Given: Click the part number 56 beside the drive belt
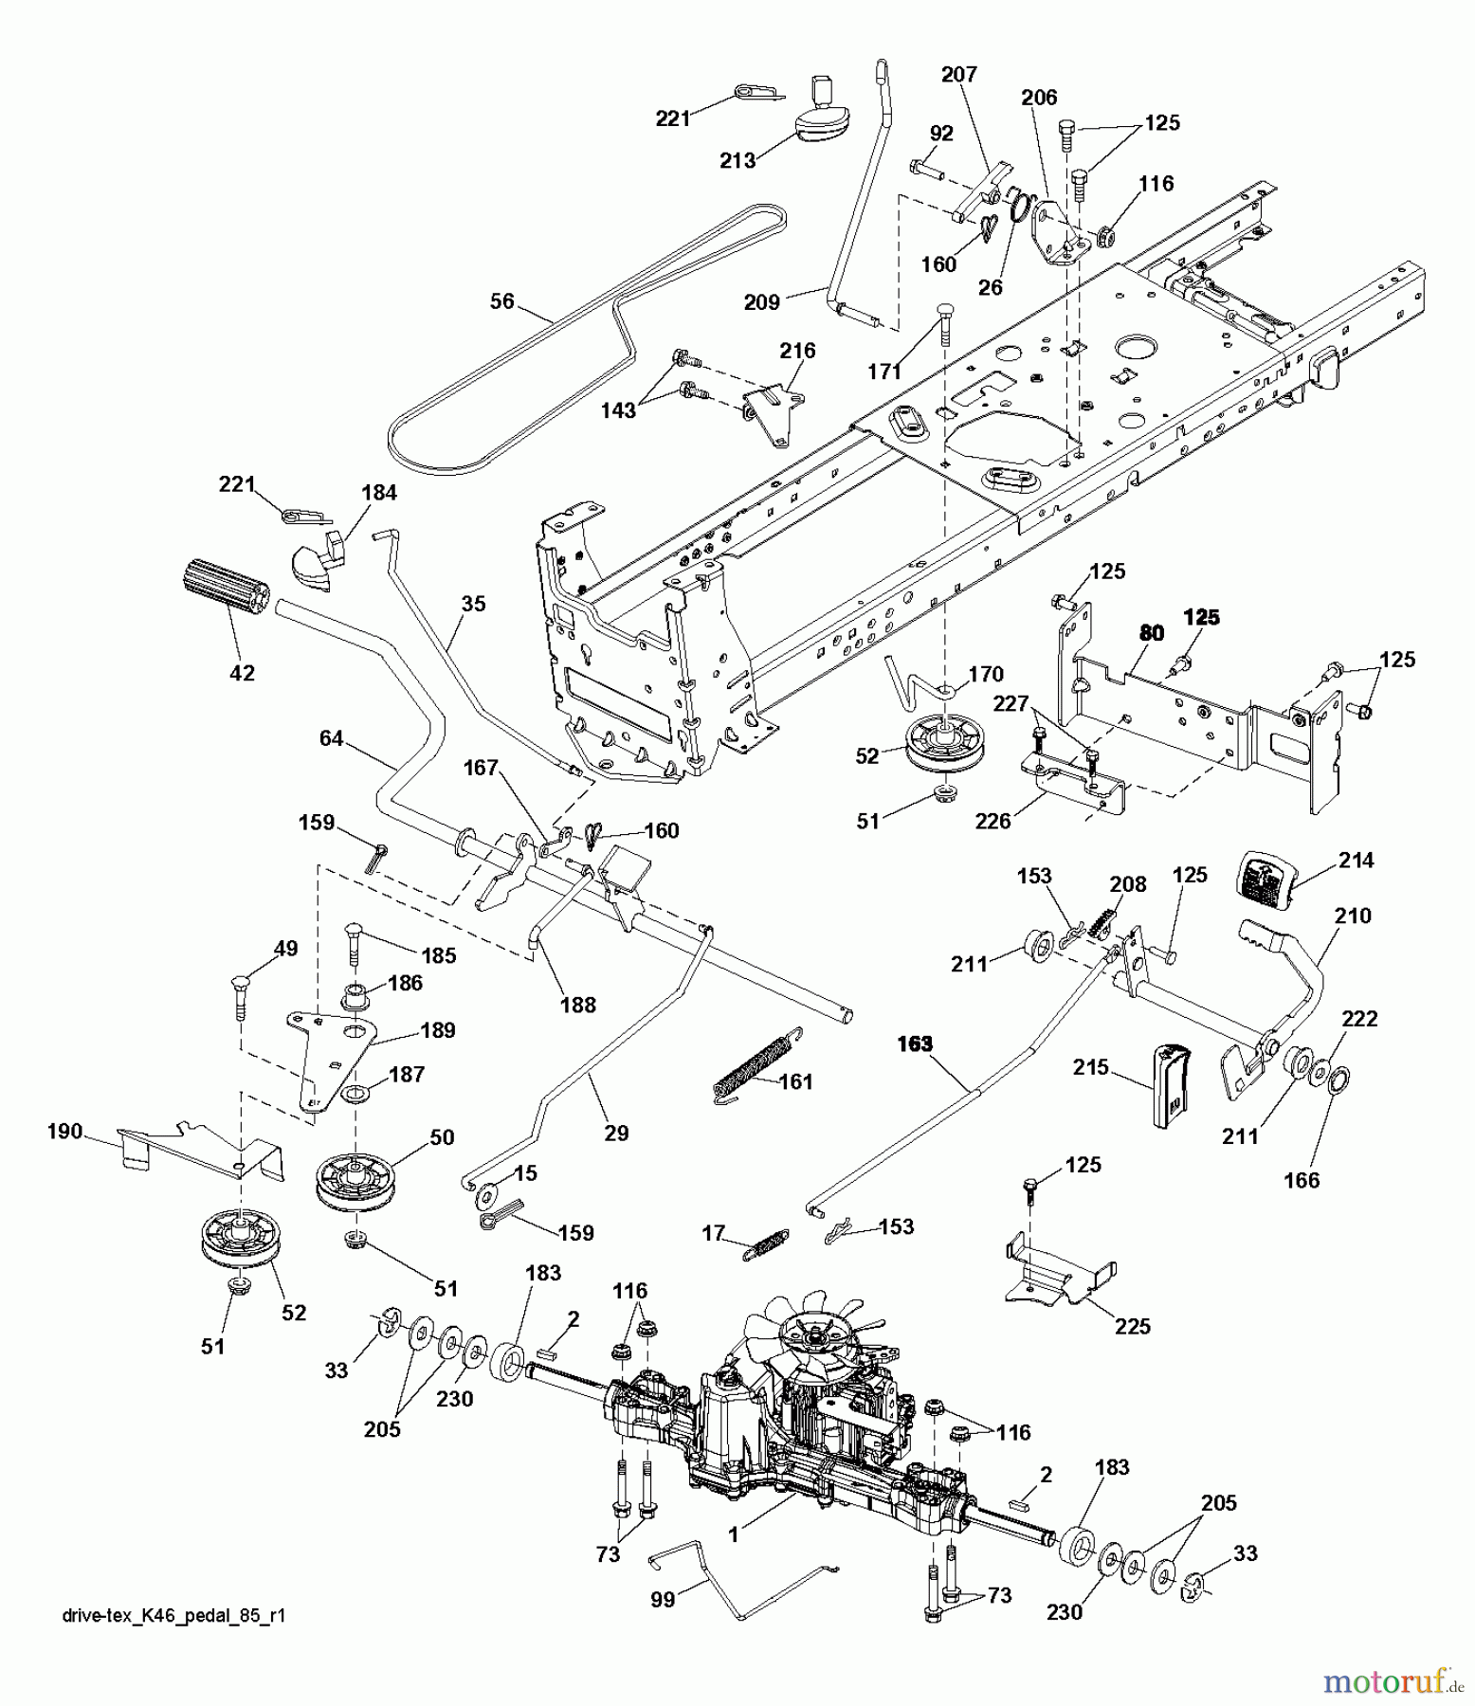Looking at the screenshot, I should point(501,301).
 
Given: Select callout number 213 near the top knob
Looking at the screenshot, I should point(737,160).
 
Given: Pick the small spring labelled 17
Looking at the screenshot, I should point(765,1244).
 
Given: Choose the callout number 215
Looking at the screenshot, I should point(1091,1067).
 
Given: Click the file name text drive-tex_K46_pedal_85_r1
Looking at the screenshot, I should point(171,1616).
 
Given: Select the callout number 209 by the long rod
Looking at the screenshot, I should point(761,302).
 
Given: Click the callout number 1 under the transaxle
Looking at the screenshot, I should point(734,1534).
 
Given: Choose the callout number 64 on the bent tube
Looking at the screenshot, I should point(331,737).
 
